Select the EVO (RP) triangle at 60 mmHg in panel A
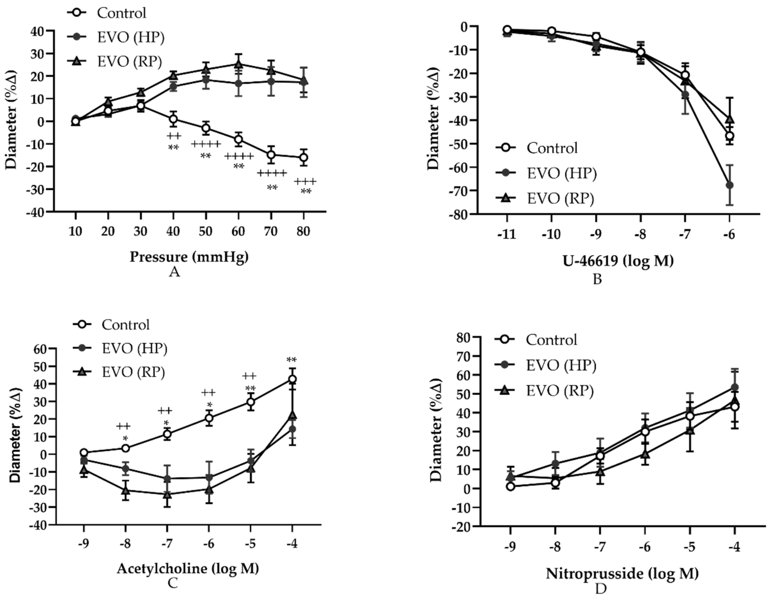pos(238,64)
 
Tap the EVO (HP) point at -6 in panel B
pos(730,185)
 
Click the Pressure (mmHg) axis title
pos(189,257)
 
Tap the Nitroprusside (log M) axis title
pos(622,574)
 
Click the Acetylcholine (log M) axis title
pos(188,568)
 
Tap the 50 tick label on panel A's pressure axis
pos(206,231)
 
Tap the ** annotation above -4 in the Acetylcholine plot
pos(292,360)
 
